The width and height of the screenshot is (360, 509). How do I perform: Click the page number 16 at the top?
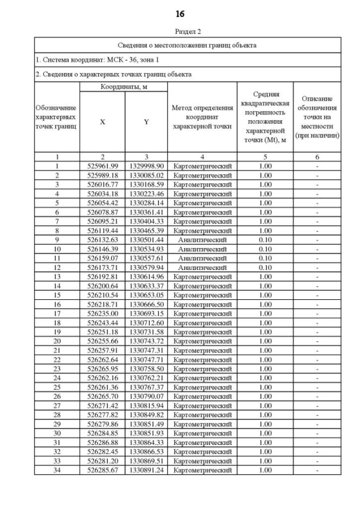(x=180, y=13)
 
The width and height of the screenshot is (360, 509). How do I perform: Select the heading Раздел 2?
(x=180, y=31)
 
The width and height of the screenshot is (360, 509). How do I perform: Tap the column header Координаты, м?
(x=124, y=87)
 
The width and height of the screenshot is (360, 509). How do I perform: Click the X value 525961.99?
(x=102, y=166)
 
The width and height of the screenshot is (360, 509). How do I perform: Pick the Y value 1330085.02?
(x=146, y=175)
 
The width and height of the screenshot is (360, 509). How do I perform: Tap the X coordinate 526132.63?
(x=102, y=240)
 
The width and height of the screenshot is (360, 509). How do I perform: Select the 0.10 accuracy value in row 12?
(x=265, y=267)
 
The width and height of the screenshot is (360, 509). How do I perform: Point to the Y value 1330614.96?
(x=146, y=276)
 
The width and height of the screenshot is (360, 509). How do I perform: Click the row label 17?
(x=57, y=313)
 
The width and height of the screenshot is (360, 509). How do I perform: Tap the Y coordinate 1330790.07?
(x=146, y=395)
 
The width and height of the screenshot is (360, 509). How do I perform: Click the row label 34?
(x=57, y=470)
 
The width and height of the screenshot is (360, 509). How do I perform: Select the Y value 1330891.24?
(x=146, y=470)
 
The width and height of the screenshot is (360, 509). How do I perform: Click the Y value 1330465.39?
(x=146, y=231)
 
